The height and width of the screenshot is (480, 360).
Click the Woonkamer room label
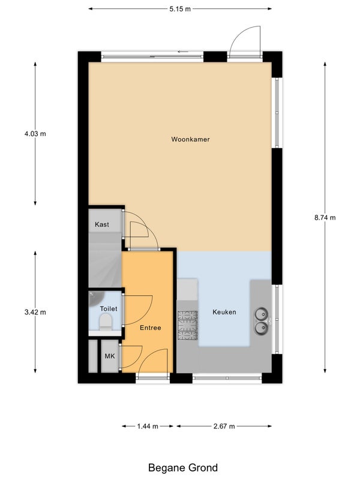(190, 139)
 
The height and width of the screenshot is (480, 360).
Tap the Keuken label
(224, 312)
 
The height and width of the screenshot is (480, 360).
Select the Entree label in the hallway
(151, 328)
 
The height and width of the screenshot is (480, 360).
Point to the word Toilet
(109, 309)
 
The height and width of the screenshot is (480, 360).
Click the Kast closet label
(102, 224)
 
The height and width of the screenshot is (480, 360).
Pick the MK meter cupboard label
(110, 356)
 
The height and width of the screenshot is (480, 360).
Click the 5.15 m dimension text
(180, 9)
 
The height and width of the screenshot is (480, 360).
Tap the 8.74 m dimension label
(325, 218)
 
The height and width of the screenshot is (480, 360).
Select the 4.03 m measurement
(35, 134)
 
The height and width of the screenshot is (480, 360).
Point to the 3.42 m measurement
(35, 312)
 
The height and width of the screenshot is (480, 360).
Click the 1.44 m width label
(148, 426)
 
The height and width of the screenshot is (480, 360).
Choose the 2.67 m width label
(224, 426)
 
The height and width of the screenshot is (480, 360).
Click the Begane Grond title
(183, 468)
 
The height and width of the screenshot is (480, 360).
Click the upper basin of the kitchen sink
(262, 314)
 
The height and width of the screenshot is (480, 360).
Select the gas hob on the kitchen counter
(187, 325)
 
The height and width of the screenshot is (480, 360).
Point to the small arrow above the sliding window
(183, 52)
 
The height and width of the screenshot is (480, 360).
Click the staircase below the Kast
(104, 260)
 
